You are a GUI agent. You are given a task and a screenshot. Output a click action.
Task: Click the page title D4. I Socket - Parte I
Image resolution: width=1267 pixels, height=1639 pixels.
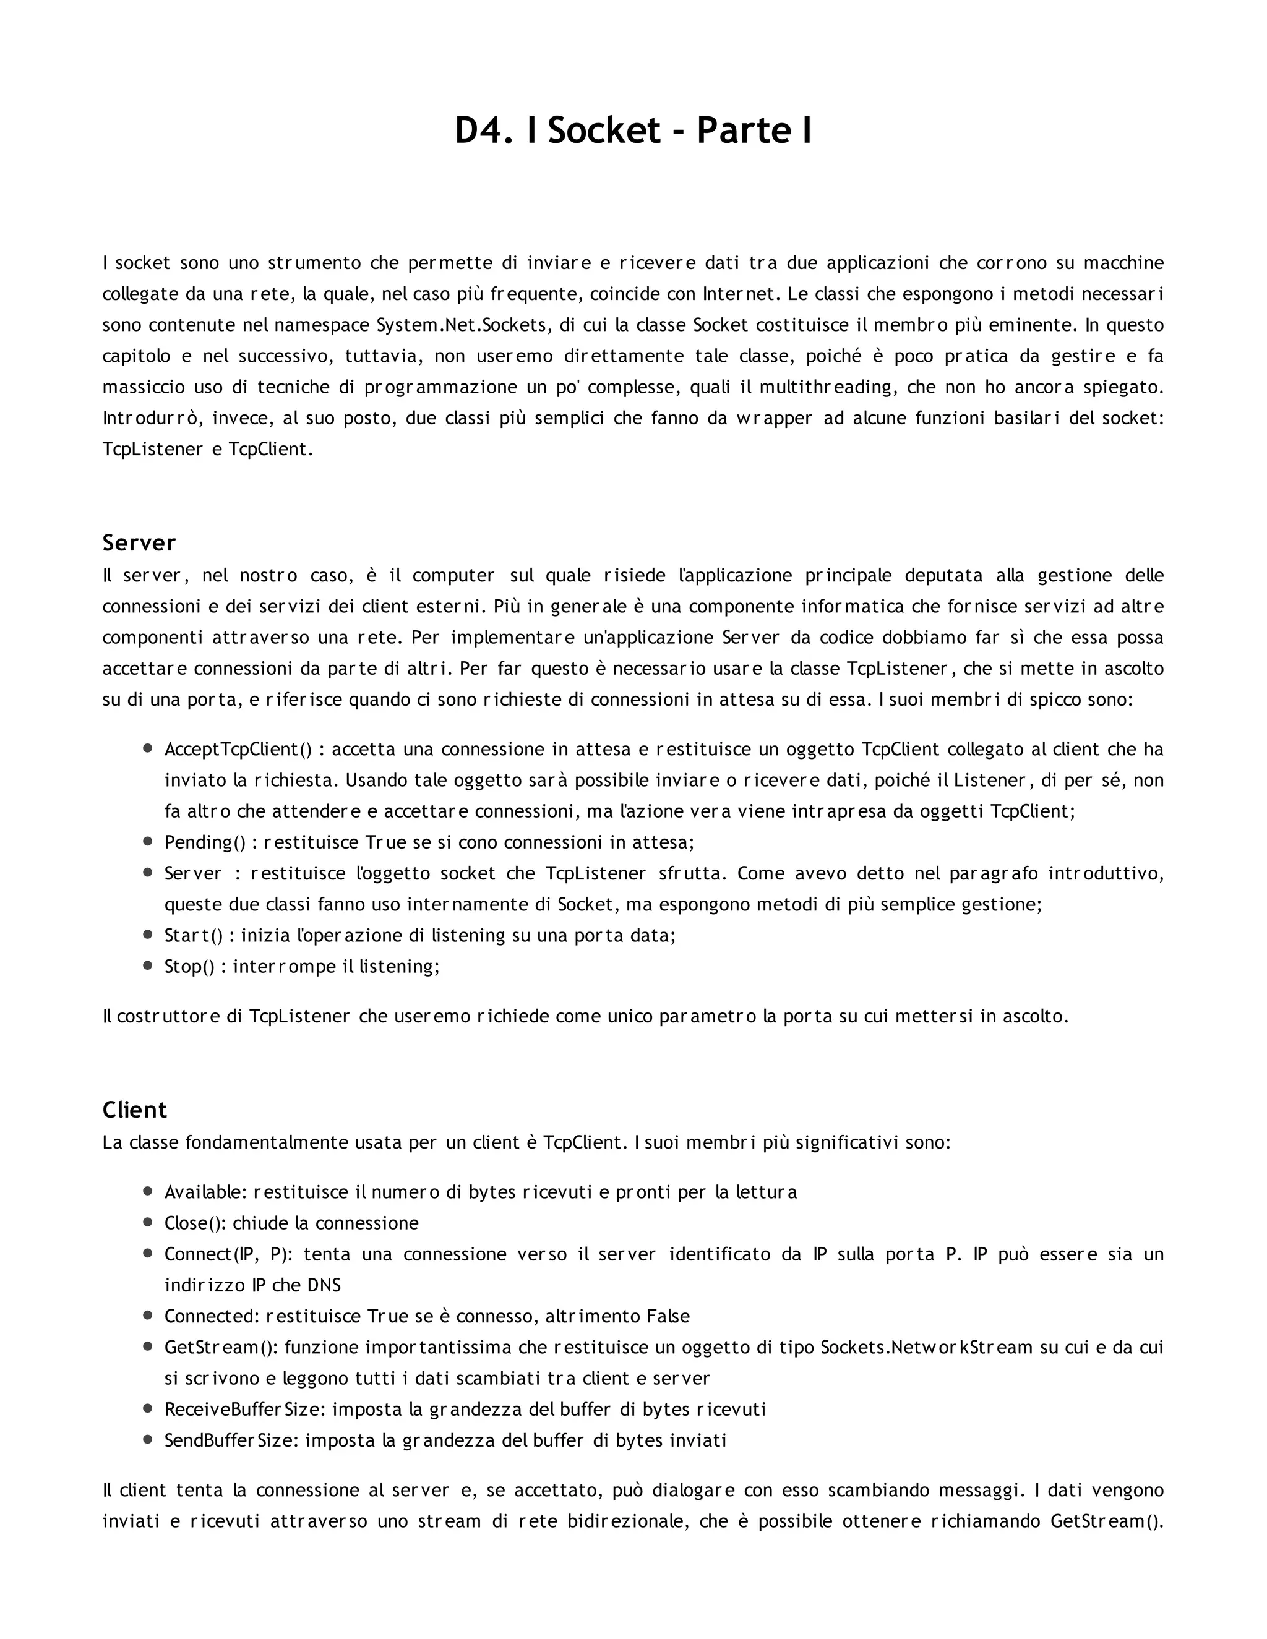(x=633, y=131)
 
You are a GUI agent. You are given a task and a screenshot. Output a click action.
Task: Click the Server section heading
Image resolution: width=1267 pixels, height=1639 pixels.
(x=139, y=542)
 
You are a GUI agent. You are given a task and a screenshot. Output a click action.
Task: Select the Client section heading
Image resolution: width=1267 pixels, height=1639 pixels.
(x=134, y=1110)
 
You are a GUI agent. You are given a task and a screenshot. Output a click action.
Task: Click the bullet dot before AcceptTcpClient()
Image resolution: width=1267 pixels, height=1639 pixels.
(x=148, y=748)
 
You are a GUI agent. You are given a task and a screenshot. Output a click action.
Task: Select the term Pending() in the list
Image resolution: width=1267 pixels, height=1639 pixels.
(x=205, y=842)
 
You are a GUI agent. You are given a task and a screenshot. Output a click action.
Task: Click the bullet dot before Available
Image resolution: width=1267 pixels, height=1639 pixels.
(x=148, y=1191)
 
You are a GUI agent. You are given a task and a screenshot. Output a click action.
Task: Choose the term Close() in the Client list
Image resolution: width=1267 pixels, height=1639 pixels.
(x=194, y=1223)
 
